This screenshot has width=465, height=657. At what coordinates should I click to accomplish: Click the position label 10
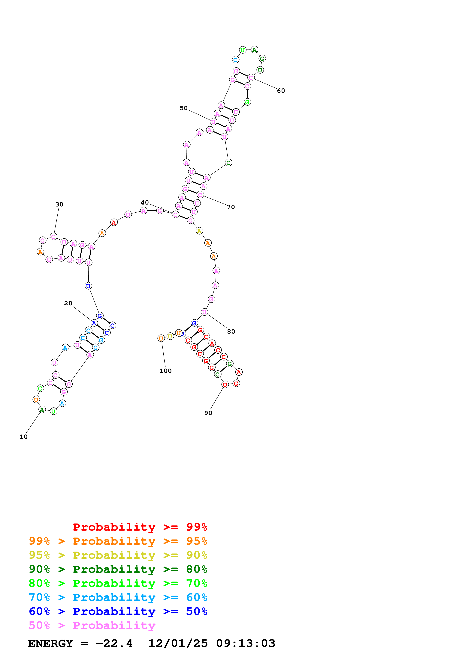(23, 437)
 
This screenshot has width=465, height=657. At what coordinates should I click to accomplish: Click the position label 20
(68, 303)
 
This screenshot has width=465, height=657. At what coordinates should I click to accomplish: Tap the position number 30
(59, 204)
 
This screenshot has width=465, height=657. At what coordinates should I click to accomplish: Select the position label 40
(145, 203)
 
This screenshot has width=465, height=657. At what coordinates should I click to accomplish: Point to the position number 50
(184, 108)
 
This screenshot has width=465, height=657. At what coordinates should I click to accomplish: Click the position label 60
(281, 91)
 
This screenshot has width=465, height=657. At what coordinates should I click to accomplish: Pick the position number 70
(231, 207)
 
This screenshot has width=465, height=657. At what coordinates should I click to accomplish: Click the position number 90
(208, 413)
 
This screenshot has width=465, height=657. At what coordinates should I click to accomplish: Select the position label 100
(165, 371)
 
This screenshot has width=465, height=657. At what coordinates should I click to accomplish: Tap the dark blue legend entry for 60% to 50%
(118, 611)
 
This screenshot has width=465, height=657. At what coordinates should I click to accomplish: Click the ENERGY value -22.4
(114, 643)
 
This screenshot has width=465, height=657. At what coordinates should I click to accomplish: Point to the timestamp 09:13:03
(246, 643)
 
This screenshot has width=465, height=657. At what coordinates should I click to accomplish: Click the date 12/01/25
(178, 643)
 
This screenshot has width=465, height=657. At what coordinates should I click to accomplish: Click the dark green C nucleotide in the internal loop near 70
(228, 163)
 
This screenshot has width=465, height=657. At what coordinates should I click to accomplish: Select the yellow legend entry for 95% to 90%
(118, 555)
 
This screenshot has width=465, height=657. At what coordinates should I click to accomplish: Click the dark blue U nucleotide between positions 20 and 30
(88, 286)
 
